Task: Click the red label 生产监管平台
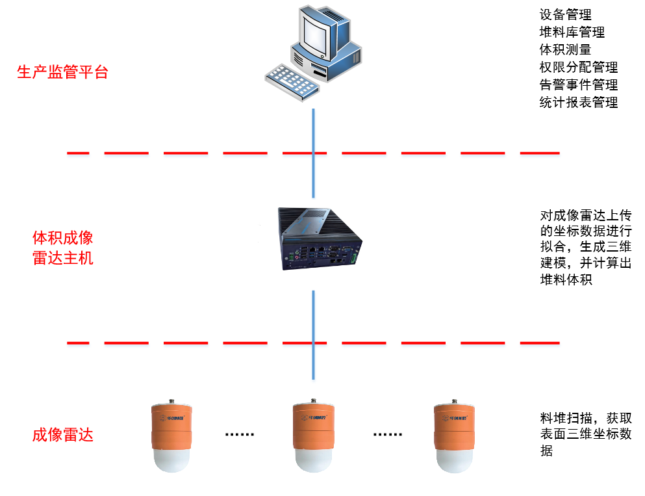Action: pyautogui.click(x=62, y=72)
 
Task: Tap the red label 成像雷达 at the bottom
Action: pyautogui.click(x=62, y=435)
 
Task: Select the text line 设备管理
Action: pyautogui.click(x=565, y=14)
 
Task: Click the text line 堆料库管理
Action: pyautogui.click(x=572, y=32)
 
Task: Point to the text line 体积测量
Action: pyautogui.click(x=565, y=49)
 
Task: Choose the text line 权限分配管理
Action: pyautogui.click(x=578, y=67)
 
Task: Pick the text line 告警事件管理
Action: pyautogui.click(x=578, y=85)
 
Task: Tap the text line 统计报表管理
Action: pyautogui.click(x=578, y=102)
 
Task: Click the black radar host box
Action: pyautogui.click(x=318, y=238)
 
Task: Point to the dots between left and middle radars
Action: pyautogui.click(x=240, y=434)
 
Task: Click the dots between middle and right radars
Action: pyautogui.click(x=388, y=434)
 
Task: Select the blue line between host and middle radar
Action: pyautogui.click(x=314, y=335)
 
